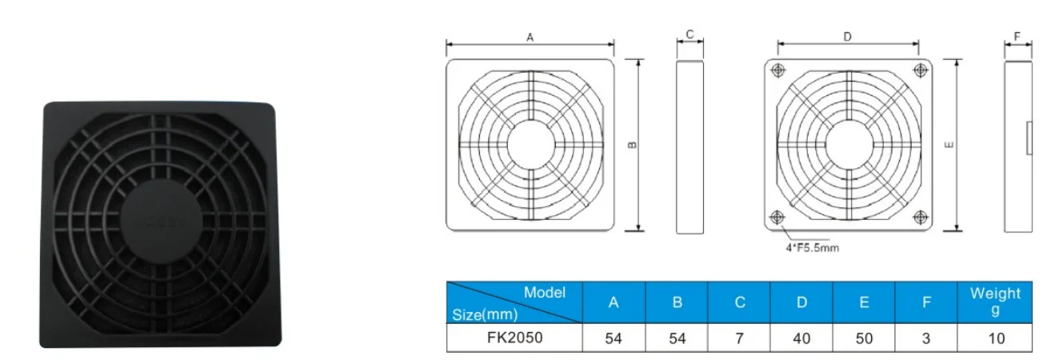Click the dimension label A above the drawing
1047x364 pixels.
pos(529,36)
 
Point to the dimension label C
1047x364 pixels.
pos(689,34)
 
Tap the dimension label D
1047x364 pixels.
pos(847,36)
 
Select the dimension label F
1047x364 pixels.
pos(1017,36)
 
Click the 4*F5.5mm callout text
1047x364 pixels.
pos(811,248)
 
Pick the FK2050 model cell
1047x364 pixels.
pos(514,338)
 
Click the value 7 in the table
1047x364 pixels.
pos(740,338)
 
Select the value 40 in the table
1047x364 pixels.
pos(801,338)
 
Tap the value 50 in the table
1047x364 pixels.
pos(864,338)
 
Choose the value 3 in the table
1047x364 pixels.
pos(926,338)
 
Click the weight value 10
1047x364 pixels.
pos(996,338)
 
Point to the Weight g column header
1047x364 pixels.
pos(996,302)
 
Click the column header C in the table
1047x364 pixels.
pos(740,302)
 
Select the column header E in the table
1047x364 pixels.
pos(864,302)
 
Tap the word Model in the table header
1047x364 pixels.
pos(545,293)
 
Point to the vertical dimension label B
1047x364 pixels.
pos(631,145)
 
